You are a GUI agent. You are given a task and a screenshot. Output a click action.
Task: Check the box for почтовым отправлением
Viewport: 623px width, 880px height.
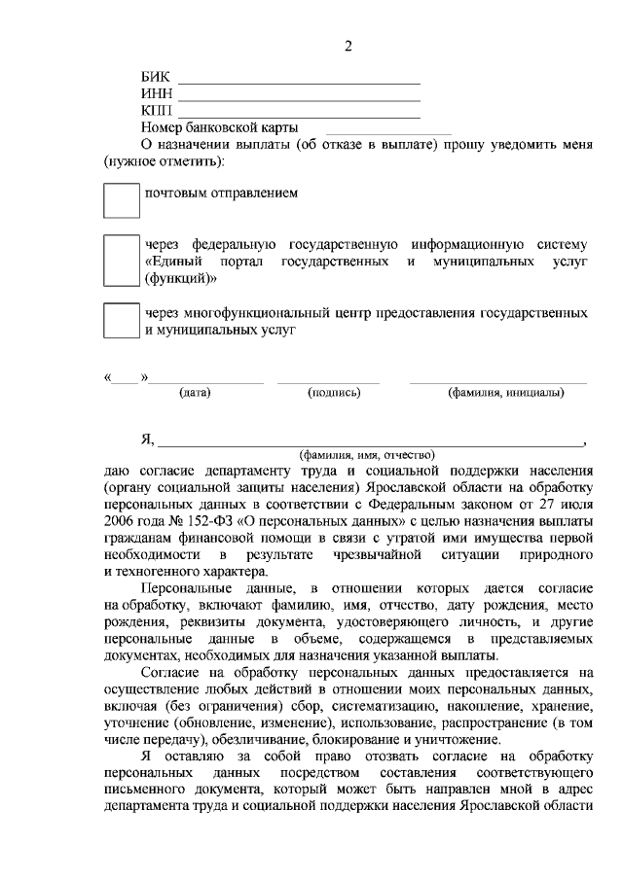coord(122,200)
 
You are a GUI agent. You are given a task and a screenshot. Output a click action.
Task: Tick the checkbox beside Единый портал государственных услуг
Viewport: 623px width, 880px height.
coord(122,260)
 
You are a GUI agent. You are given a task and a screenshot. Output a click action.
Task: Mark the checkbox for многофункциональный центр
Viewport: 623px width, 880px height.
coord(122,321)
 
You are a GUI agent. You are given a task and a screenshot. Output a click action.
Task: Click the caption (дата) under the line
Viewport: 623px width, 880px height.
coord(195,393)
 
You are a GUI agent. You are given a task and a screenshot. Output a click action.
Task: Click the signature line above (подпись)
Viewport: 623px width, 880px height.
coord(328,382)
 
